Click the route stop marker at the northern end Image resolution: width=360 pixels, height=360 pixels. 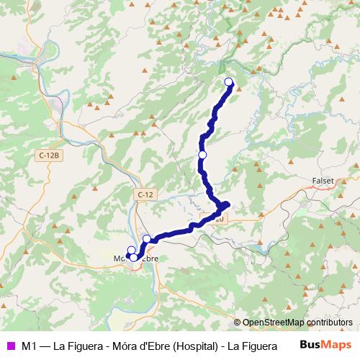[229, 81]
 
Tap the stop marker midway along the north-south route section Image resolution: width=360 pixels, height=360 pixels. [202, 155]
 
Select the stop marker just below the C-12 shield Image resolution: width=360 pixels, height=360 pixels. [147, 238]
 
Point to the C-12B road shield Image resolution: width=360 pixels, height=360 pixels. [49, 154]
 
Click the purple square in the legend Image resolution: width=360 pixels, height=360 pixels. [9, 346]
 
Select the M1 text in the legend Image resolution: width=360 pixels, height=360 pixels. [29, 346]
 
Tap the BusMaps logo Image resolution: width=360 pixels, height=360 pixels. [325, 345]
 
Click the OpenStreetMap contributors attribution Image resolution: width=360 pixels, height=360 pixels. [297, 323]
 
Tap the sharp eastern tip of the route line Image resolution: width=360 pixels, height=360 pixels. [228, 204]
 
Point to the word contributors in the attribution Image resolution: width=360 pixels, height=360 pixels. [330, 323]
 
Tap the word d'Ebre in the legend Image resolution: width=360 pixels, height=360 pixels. [153, 346]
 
